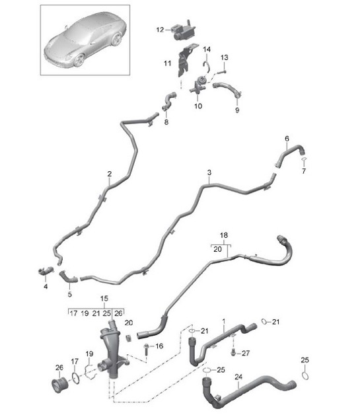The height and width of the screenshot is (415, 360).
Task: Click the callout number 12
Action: [159, 30]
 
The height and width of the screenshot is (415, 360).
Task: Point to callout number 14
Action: [207, 50]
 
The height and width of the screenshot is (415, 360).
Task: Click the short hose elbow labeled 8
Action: [168, 101]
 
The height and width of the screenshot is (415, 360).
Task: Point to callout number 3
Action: [209, 173]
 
